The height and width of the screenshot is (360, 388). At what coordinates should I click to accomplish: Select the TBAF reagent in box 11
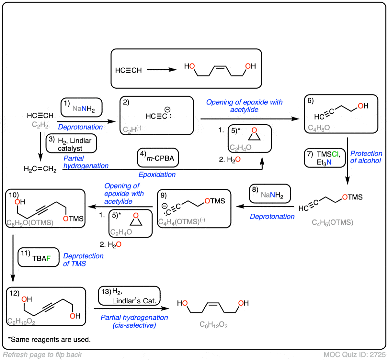pyautogui.click(x=41, y=258)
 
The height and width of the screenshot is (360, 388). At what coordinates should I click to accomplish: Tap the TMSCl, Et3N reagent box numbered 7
pyautogui.click(x=325, y=158)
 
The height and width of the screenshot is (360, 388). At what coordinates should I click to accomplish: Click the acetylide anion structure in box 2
pyautogui.click(x=158, y=116)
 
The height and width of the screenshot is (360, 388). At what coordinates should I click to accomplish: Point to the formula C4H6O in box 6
pyautogui.click(x=319, y=128)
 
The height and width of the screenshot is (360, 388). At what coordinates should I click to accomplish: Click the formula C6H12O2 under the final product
pyautogui.click(x=213, y=325)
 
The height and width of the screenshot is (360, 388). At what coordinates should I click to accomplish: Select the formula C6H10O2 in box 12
pyautogui.click(x=21, y=321)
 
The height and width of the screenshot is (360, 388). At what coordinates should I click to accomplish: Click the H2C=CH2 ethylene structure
pyautogui.click(x=40, y=169)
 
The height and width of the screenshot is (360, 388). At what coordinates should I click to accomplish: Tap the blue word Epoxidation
pyautogui.click(x=157, y=174)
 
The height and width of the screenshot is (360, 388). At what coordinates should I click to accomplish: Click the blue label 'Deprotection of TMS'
pyautogui.click(x=83, y=260)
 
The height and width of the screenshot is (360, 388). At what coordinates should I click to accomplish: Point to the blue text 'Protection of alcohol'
pyautogui.click(x=366, y=157)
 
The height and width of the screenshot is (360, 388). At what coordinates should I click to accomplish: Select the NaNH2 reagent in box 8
pyautogui.click(x=272, y=195)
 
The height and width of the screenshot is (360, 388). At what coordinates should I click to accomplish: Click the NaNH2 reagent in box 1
pyautogui.click(x=84, y=109)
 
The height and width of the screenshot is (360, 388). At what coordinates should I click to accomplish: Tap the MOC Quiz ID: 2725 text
pyautogui.click(x=354, y=354)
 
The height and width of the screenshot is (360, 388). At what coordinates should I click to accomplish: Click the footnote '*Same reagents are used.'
pyautogui.click(x=49, y=340)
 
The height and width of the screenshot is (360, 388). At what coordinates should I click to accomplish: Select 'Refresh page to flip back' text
pyautogui.click(x=42, y=354)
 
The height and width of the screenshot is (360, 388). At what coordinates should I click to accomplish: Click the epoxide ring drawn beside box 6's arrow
pyautogui.click(x=254, y=134)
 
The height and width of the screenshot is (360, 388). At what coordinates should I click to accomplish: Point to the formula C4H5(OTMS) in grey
pyautogui.click(x=332, y=222)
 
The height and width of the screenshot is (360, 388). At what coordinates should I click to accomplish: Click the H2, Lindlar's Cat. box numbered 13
pyautogui.click(x=129, y=296)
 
